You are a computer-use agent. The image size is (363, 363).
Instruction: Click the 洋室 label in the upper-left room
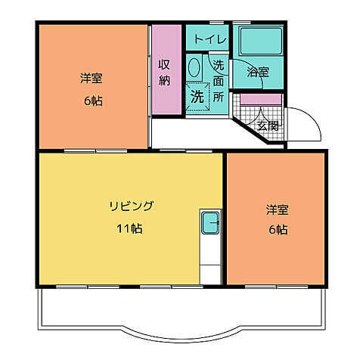92,77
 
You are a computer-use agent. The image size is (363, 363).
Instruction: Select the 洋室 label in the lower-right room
276,209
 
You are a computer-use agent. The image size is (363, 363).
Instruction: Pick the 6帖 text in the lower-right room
276,230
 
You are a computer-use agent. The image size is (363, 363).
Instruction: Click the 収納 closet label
164,72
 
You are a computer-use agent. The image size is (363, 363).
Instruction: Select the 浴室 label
258,73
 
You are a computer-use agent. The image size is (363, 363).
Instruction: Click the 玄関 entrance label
268,125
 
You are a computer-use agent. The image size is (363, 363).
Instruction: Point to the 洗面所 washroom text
219,80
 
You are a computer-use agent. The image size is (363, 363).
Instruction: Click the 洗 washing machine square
197,98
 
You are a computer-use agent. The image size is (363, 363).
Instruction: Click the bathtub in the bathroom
258,44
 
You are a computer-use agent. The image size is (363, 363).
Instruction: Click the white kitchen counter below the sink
210,261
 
